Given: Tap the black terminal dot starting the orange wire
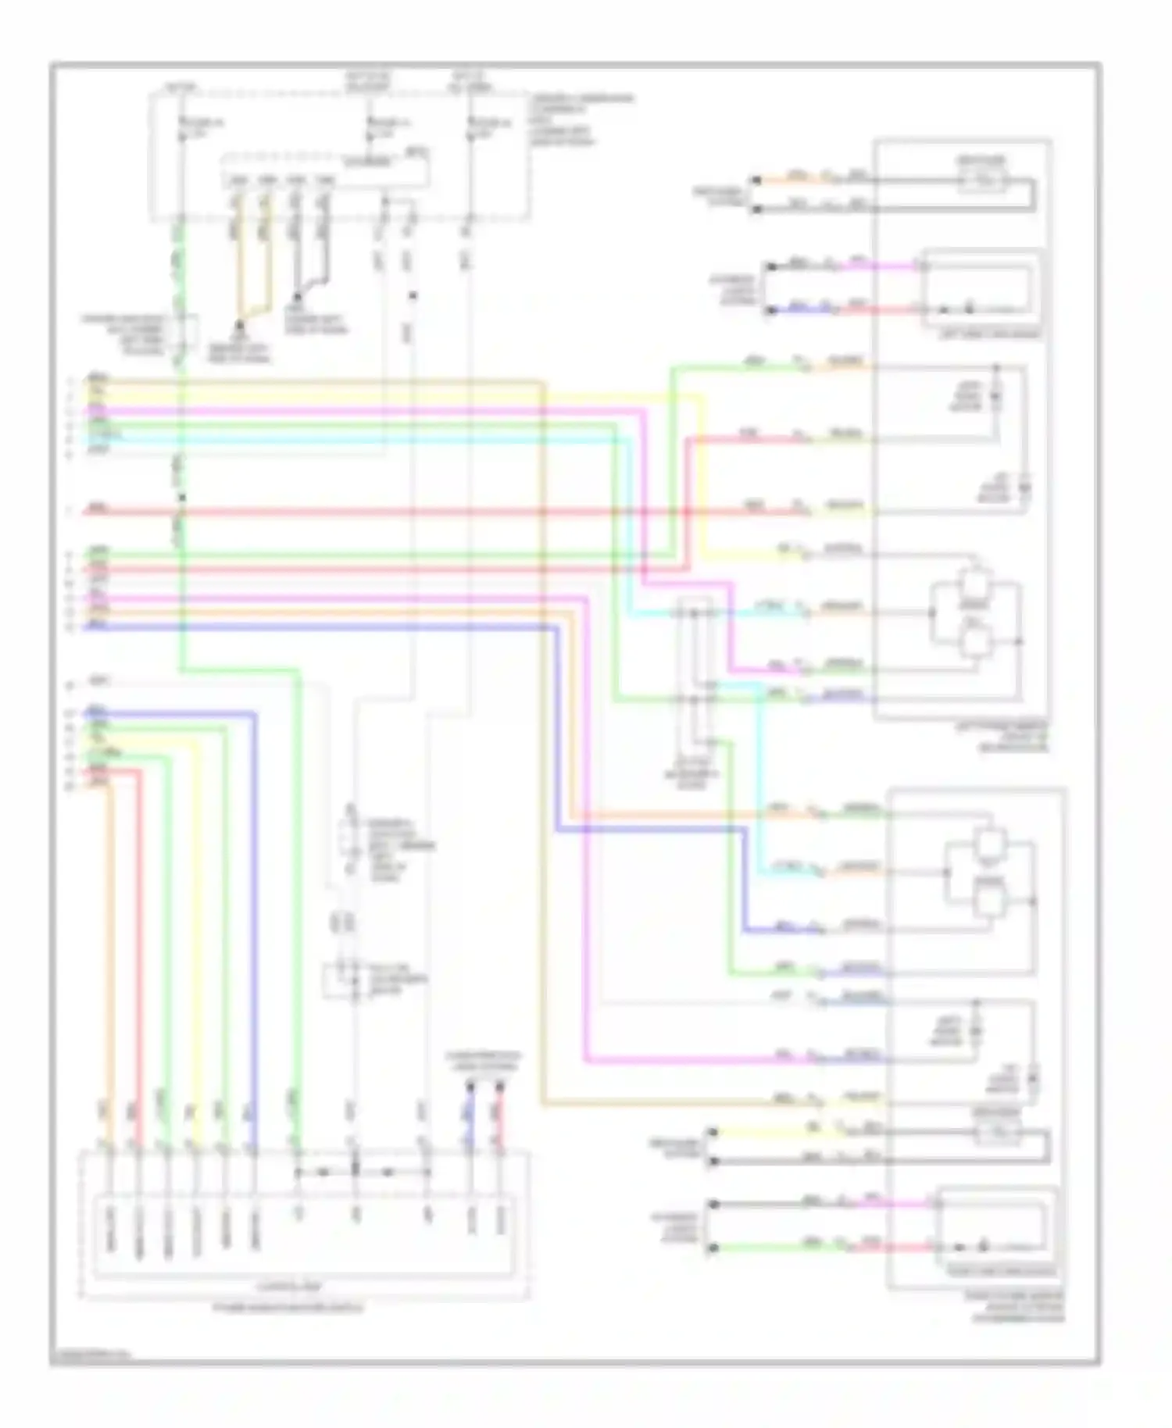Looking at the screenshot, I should pos(756,180).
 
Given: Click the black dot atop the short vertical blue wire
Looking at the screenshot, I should pos(470,1087).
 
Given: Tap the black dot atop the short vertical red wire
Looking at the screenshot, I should pos(498,1087).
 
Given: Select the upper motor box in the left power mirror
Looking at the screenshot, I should pos(974,584).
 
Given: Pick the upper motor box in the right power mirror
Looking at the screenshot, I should pos(990,844).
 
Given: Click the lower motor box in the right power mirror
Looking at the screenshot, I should pos(990,902).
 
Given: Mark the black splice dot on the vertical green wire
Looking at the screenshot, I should pos(181,498).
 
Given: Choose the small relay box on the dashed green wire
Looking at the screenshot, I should pos(181,332).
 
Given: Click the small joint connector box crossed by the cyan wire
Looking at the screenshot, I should pos(694,656).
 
